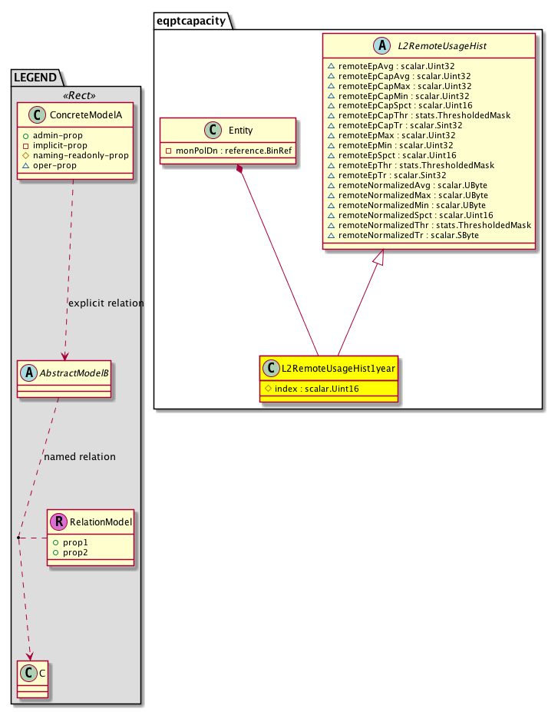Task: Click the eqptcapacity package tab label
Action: tap(193, 21)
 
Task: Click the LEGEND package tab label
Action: tap(35, 77)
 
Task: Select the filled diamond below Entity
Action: tap(241, 168)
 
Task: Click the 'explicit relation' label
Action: tap(106, 303)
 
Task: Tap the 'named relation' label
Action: tap(80, 456)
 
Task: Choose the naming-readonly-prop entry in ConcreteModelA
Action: tap(80, 155)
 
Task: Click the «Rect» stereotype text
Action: tap(76, 97)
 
